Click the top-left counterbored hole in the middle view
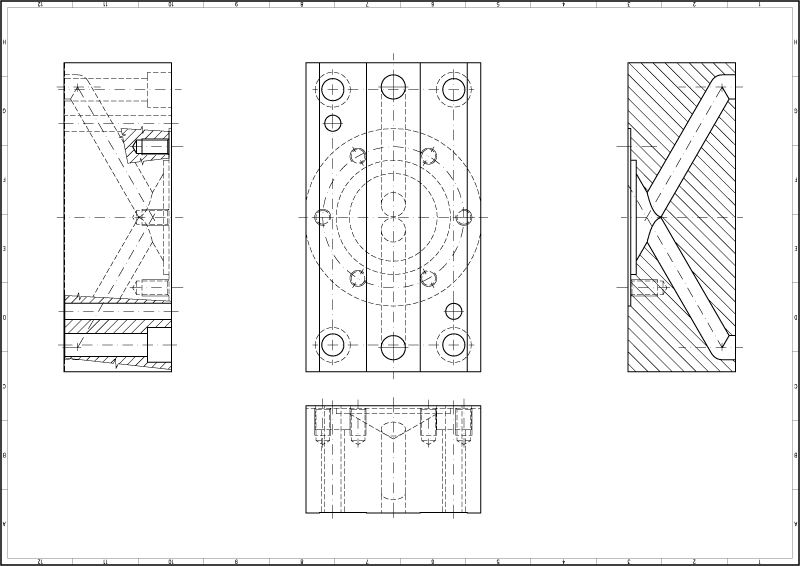click(333, 90)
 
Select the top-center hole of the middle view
click(393, 87)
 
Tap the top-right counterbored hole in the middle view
click(454, 90)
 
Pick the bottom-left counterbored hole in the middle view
click(333, 345)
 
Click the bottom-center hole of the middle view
click(393, 347)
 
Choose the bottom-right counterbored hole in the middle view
click(454, 345)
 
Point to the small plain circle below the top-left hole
click(333, 123)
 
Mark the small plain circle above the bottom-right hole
click(454, 311)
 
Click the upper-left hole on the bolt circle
click(358, 156)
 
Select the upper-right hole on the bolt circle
click(429, 156)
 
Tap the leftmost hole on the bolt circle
click(323, 217)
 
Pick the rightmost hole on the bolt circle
click(464, 217)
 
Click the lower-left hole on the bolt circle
click(358, 278)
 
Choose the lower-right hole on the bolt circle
click(429, 278)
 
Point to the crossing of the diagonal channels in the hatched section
click(655, 217)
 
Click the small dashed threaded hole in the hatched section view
click(646, 288)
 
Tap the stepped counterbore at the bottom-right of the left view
click(158, 345)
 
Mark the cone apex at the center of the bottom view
click(393, 436)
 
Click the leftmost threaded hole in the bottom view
click(323, 423)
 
